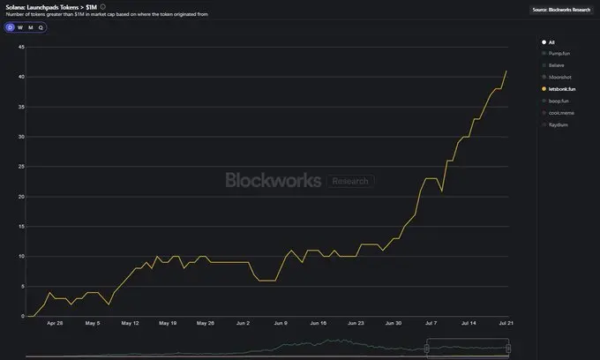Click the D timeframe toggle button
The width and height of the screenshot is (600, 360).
(11, 27)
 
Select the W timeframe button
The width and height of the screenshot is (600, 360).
(20, 27)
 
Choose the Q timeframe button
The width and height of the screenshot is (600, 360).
(40, 27)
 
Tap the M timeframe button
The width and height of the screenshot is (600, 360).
(30, 27)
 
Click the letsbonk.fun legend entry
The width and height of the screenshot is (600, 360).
(563, 89)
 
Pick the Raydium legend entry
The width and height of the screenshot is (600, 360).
(559, 124)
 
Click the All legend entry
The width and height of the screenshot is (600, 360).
(551, 41)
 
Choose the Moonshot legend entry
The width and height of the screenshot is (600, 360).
(560, 77)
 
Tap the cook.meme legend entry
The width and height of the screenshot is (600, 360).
(561, 112)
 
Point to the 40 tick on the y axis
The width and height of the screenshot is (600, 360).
(19, 77)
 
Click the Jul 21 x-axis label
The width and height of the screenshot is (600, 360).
(506, 324)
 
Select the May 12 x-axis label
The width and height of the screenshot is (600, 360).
(130, 324)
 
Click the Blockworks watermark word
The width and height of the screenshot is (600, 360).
(273, 180)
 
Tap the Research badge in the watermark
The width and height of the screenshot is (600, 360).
(350, 181)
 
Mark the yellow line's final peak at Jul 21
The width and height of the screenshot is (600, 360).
(506, 71)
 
